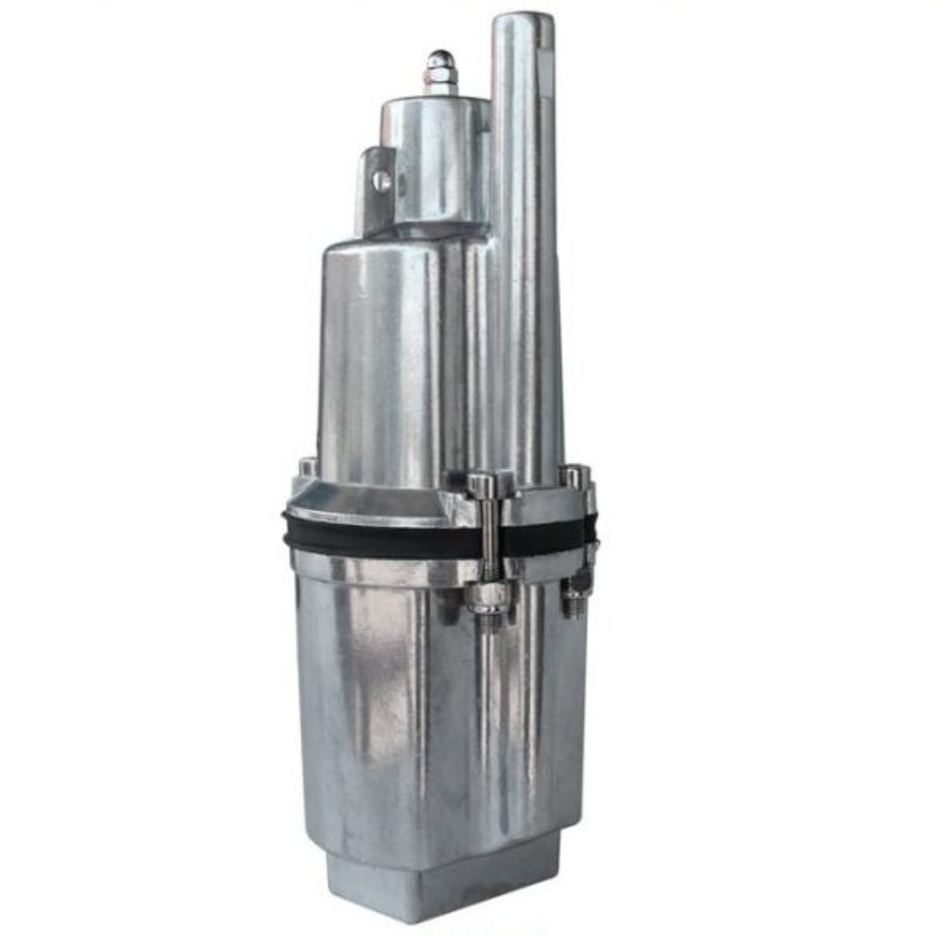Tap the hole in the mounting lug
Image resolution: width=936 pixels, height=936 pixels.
coord(382,181)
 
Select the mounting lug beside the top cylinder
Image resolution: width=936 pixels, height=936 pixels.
coord(374,192)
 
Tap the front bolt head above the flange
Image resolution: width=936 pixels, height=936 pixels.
coord(482,485)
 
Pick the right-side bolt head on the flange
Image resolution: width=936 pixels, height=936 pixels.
coord(575,475)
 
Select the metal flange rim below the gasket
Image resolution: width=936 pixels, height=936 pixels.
coord(374,567)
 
